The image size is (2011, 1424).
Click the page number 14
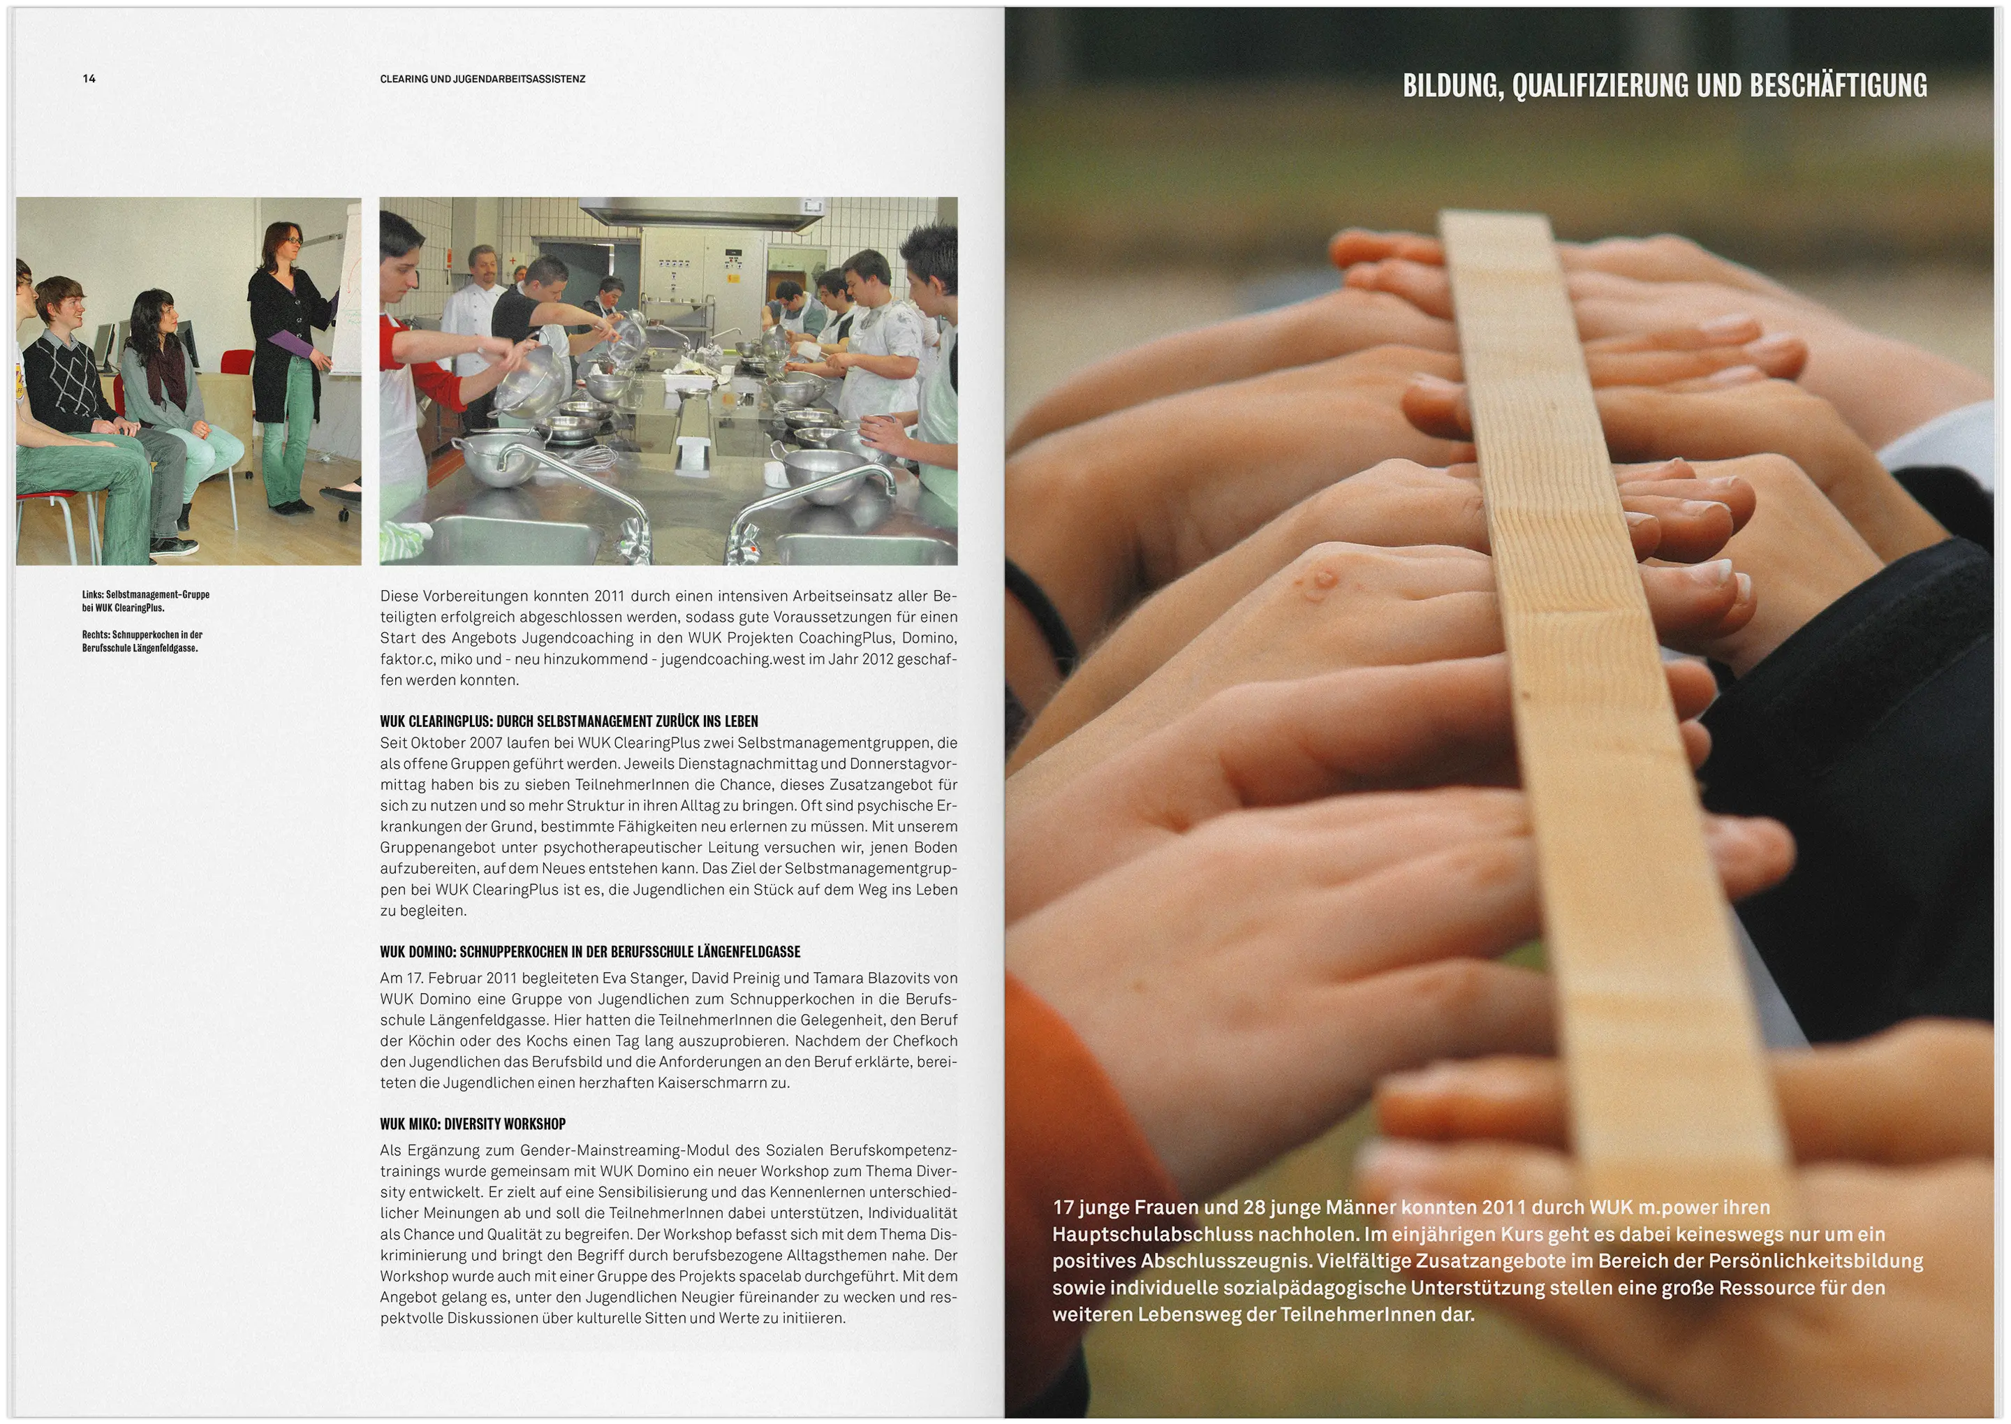click(89, 79)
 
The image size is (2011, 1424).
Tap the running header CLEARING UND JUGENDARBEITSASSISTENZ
click(482, 79)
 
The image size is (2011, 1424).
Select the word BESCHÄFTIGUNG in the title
click(1839, 85)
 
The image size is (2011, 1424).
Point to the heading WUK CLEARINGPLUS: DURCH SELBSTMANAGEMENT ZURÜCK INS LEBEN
click(569, 721)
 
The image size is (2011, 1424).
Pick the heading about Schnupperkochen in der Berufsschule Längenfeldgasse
click(590, 951)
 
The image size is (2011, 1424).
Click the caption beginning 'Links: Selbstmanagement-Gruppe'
click(145, 601)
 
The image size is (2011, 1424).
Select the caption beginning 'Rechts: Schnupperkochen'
click(142, 641)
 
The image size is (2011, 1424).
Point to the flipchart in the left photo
click(344, 289)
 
